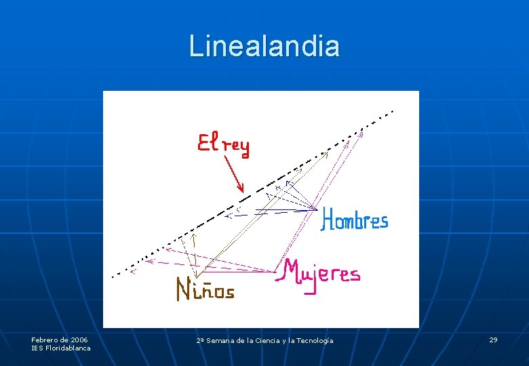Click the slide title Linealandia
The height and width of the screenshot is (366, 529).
click(264, 46)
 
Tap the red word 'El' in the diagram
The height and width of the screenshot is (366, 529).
click(207, 143)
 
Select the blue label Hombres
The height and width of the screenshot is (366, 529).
click(355, 220)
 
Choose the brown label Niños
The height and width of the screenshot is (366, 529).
click(205, 290)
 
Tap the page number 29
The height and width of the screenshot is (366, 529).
click(493, 340)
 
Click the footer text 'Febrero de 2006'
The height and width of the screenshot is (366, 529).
click(59, 340)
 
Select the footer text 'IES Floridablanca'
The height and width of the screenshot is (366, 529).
click(61, 348)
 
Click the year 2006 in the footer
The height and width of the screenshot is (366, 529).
click(79, 340)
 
